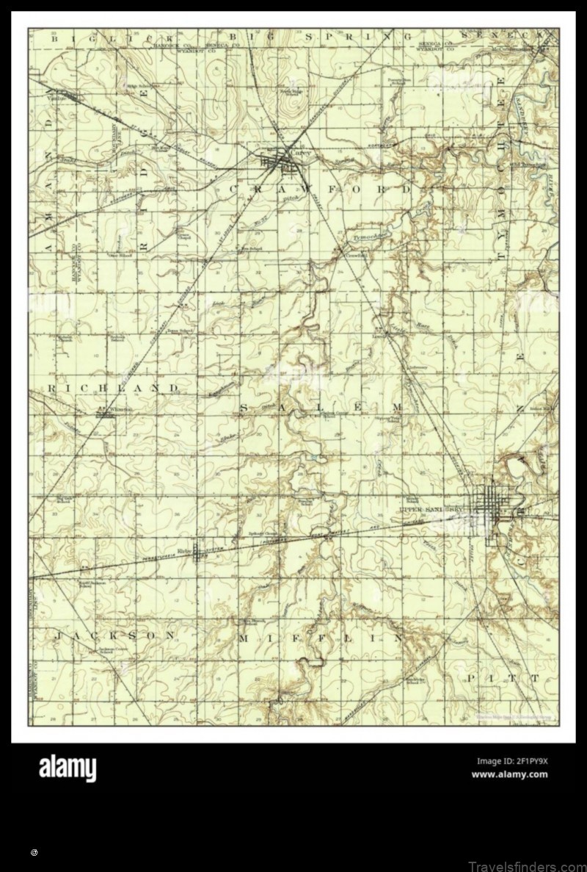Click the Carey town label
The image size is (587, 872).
303,154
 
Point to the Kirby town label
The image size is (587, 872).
184,549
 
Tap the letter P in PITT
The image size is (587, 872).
471,680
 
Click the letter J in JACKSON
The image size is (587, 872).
57,635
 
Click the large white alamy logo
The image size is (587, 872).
67,768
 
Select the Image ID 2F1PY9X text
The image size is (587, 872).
511,760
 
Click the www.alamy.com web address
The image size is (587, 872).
509,774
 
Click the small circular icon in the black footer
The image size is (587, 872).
34,853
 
